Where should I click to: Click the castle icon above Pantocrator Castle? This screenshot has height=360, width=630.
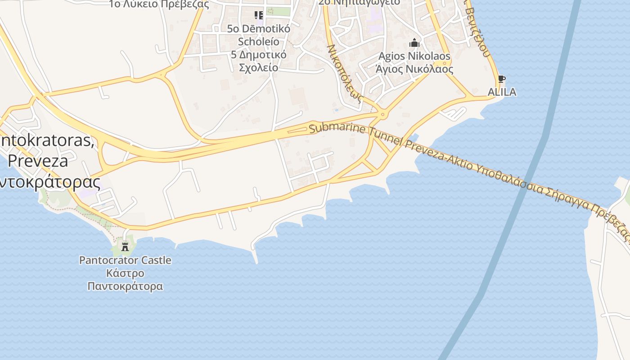point(125,246)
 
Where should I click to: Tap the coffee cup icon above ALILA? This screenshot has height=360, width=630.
point(502,80)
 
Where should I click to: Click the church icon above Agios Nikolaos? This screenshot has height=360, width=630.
point(414,43)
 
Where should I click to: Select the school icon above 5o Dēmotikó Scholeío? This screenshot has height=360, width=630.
point(259,15)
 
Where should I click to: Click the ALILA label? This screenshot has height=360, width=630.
point(502,92)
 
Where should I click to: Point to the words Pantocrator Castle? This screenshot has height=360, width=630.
point(125,260)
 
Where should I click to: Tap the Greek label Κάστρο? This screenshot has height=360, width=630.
point(125,273)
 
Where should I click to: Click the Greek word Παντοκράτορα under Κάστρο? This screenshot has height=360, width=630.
point(125,286)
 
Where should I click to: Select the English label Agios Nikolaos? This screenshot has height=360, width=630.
point(414,56)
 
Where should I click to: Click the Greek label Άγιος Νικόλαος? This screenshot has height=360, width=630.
point(414,69)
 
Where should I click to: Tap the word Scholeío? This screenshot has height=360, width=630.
point(258,41)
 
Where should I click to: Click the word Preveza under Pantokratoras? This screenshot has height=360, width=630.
point(38,161)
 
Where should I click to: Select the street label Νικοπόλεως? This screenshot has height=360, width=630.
point(344,73)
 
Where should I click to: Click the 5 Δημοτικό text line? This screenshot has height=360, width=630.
point(258,54)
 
